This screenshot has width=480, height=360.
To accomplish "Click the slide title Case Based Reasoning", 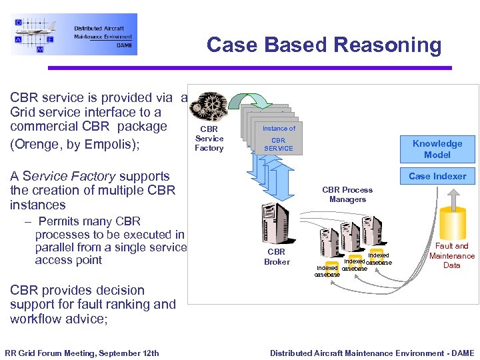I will point(324,45).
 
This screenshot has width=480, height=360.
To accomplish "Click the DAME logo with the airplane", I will point(73,34).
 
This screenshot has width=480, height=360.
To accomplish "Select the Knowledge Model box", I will point(437,149).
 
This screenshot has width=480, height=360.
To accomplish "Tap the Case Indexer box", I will point(437,176).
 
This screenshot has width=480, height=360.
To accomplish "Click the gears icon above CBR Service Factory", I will point(209,105).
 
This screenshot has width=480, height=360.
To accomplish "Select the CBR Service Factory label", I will point(209,139).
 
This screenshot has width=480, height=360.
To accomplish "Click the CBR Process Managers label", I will point(347,195).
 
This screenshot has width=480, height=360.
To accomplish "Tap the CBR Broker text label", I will point(276,257).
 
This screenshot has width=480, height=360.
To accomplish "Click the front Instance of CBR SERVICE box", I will point(278,138).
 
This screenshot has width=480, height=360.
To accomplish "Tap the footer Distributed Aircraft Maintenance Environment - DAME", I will point(372,353).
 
